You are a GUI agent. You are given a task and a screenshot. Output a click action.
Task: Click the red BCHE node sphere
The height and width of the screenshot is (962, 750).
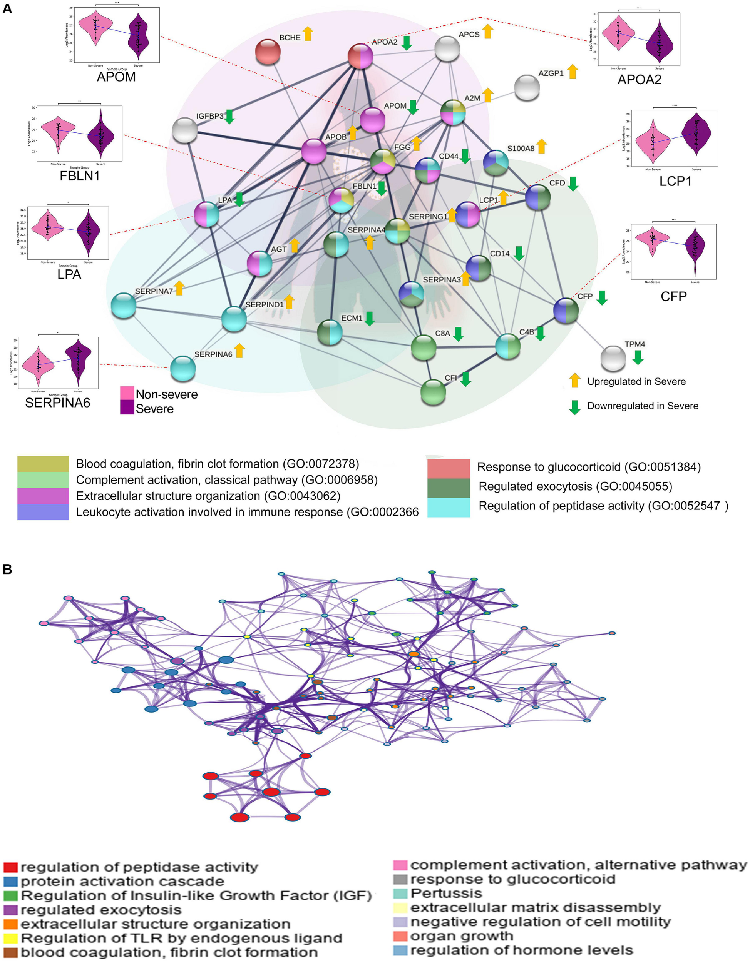268,52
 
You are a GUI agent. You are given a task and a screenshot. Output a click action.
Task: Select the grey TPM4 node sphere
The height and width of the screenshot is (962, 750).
613,358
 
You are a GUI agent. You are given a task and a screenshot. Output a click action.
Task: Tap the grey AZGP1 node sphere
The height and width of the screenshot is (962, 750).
527,87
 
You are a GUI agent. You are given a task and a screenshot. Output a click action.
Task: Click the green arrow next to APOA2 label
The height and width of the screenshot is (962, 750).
407,42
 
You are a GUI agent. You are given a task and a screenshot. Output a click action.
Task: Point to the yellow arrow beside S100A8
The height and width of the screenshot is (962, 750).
542,147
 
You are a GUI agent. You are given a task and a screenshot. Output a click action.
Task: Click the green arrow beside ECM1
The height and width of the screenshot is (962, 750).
370,319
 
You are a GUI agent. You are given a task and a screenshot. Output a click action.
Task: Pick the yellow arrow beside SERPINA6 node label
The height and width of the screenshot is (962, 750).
239,351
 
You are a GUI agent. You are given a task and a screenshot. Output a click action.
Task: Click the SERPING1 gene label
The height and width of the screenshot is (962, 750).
428,217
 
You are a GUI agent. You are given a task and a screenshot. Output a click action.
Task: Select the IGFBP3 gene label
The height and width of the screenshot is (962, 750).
210,116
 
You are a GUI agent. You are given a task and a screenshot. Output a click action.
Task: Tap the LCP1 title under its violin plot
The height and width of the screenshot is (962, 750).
675,181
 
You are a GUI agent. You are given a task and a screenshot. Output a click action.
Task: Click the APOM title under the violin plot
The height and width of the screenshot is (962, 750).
116,77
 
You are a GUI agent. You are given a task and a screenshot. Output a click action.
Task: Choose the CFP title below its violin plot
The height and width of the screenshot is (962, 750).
673,296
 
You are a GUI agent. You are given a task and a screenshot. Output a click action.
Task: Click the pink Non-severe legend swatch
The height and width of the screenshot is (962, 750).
127,393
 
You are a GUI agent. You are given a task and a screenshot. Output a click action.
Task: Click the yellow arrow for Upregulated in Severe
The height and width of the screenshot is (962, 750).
574,381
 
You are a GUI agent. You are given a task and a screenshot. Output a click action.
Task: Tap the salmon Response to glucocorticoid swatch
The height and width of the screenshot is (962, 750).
448,468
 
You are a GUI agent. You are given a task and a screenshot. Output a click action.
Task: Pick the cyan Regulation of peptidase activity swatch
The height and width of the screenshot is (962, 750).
448,507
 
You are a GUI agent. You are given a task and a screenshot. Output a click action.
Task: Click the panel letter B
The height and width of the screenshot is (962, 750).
7,569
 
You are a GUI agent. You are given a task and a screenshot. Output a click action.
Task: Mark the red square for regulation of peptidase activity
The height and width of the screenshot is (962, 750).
10,867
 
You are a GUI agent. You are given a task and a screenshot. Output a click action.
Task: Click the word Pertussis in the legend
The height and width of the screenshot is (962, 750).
446,893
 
